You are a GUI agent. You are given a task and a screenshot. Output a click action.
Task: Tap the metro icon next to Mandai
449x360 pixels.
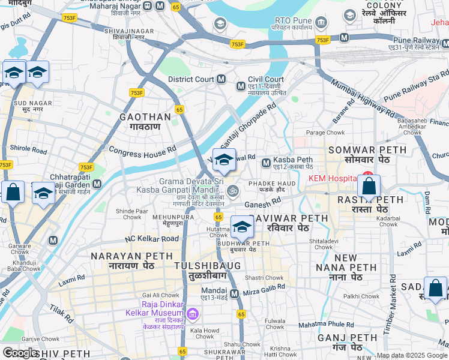point(234,294)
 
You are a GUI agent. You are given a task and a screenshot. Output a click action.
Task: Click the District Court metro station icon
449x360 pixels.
point(221,79)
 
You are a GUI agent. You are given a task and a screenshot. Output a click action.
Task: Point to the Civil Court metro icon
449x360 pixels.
point(241,86)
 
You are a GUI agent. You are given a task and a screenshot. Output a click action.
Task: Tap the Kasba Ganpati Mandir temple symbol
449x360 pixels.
point(233,191)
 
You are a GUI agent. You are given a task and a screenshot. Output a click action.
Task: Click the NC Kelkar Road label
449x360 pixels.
point(152,239)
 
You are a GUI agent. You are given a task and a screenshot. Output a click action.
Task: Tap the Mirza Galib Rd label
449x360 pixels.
point(264,293)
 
